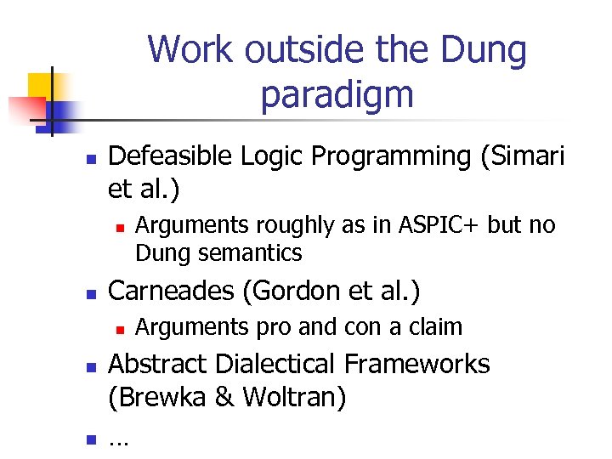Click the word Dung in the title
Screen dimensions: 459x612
485,50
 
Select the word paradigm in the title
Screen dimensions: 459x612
337,94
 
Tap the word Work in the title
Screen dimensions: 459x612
188,50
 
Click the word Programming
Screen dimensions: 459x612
388,156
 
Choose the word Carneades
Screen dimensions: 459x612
172,291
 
